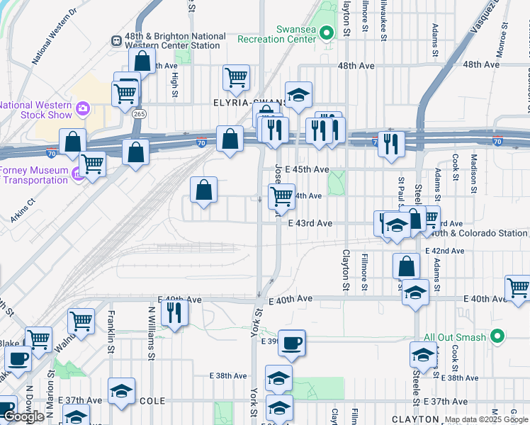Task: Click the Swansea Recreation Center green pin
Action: click(x=326, y=32)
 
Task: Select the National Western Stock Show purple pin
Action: click(x=84, y=108)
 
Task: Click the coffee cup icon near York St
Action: click(x=291, y=344)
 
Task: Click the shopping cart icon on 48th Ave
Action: click(x=236, y=77)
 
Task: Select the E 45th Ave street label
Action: click(x=309, y=169)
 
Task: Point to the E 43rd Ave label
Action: click(x=310, y=223)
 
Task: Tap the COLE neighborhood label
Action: click(x=152, y=400)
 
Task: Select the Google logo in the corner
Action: click(x=23, y=416)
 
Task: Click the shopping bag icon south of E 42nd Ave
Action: click(x=406, y=266)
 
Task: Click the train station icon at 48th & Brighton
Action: click(x=115, y=40)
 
